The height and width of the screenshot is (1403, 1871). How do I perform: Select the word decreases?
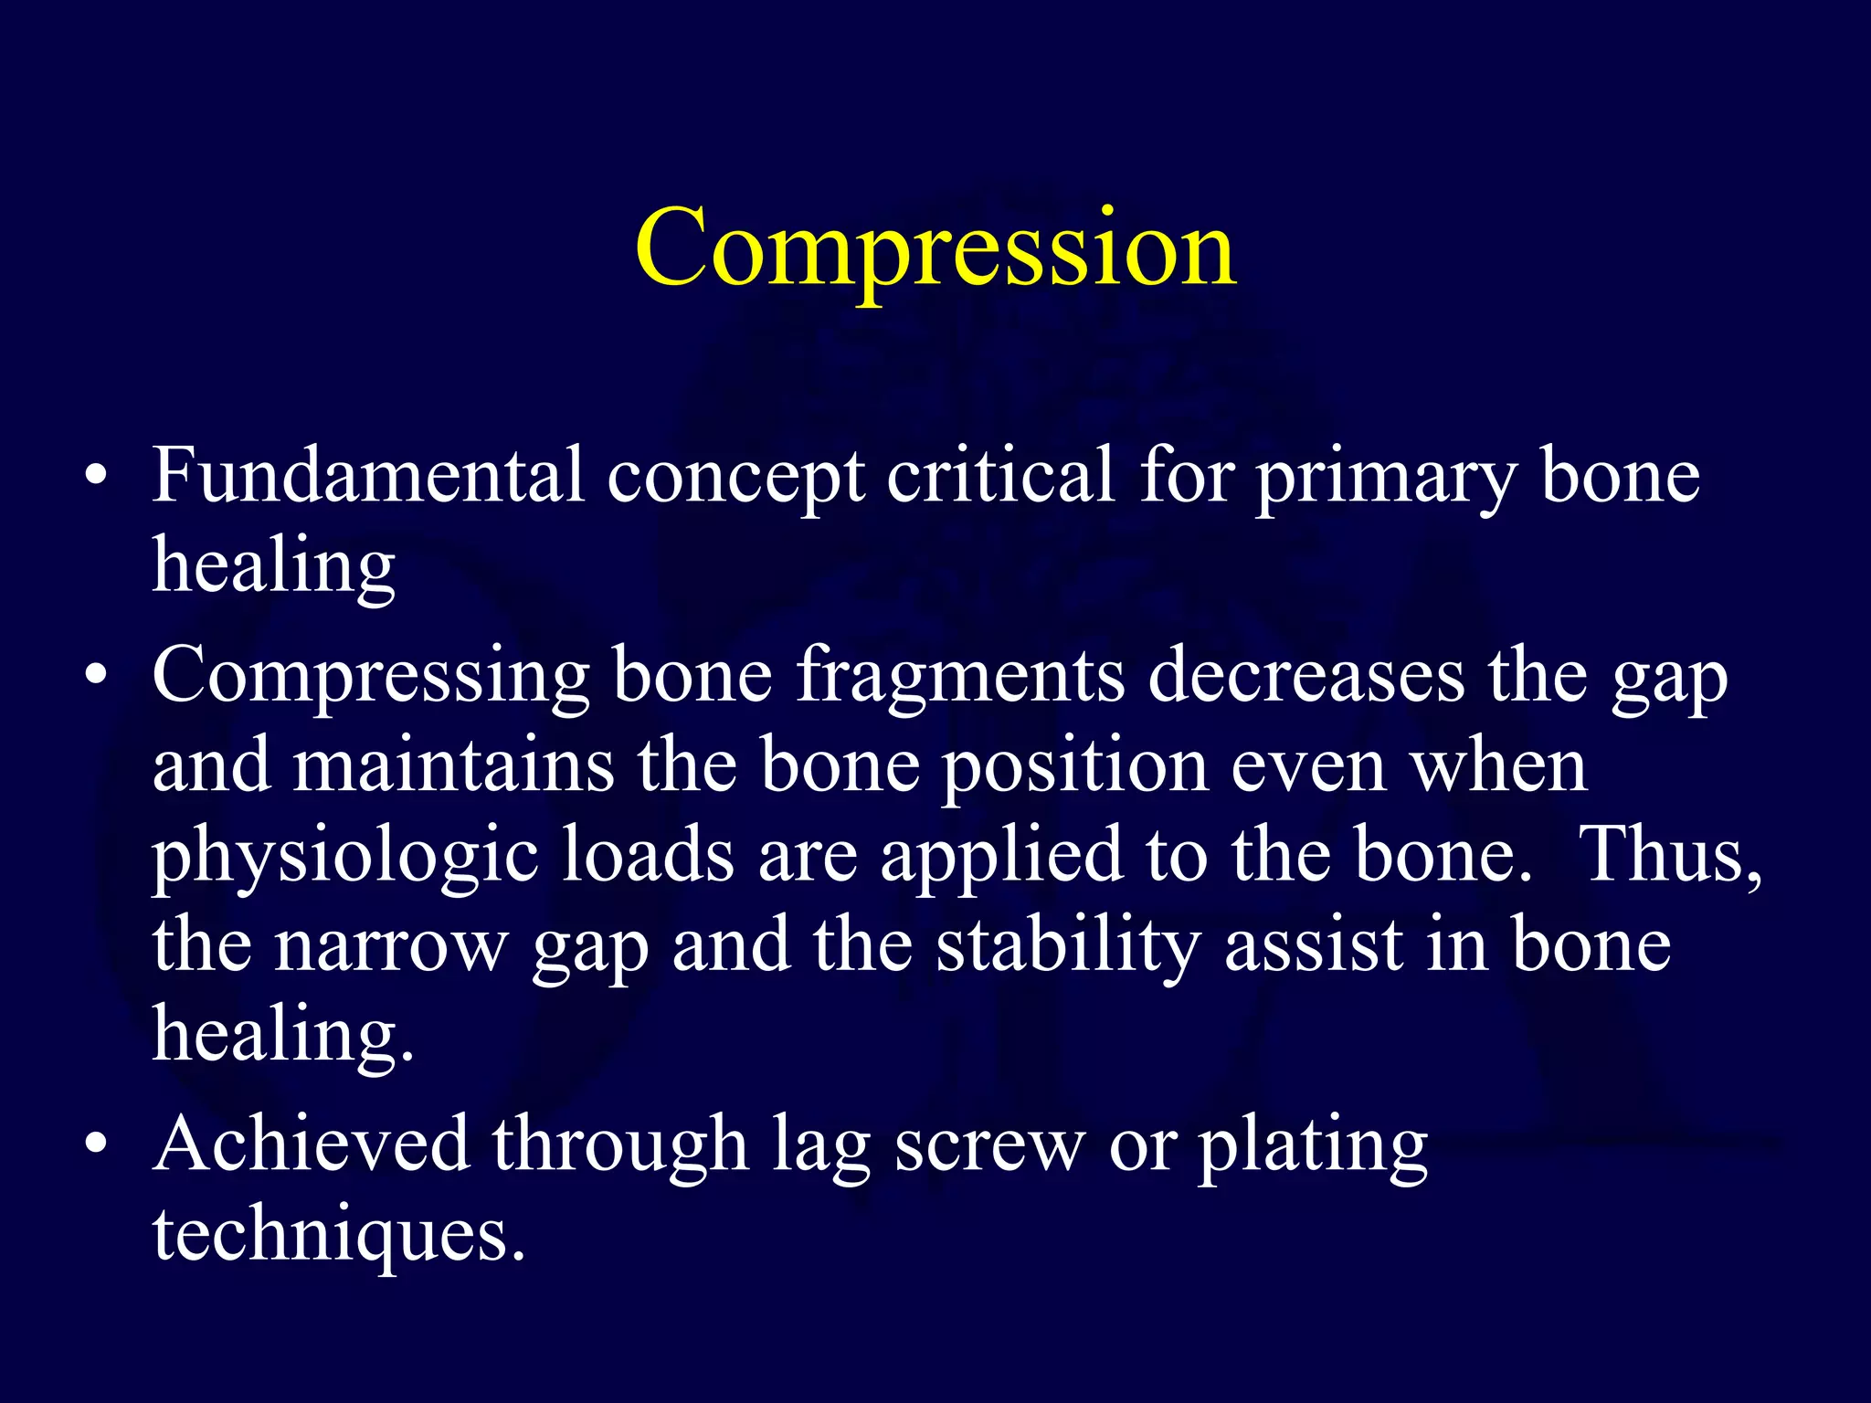tap(1306, 676)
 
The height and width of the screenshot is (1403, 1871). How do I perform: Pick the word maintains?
tap(453, 765)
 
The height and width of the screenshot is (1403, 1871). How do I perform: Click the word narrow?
tap(391, 945)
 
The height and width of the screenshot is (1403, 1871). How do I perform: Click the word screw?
tap(989, 1145)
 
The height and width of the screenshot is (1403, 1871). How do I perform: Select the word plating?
tap(1313, 1147)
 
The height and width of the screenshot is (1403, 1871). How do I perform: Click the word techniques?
tap(338, 1236)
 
